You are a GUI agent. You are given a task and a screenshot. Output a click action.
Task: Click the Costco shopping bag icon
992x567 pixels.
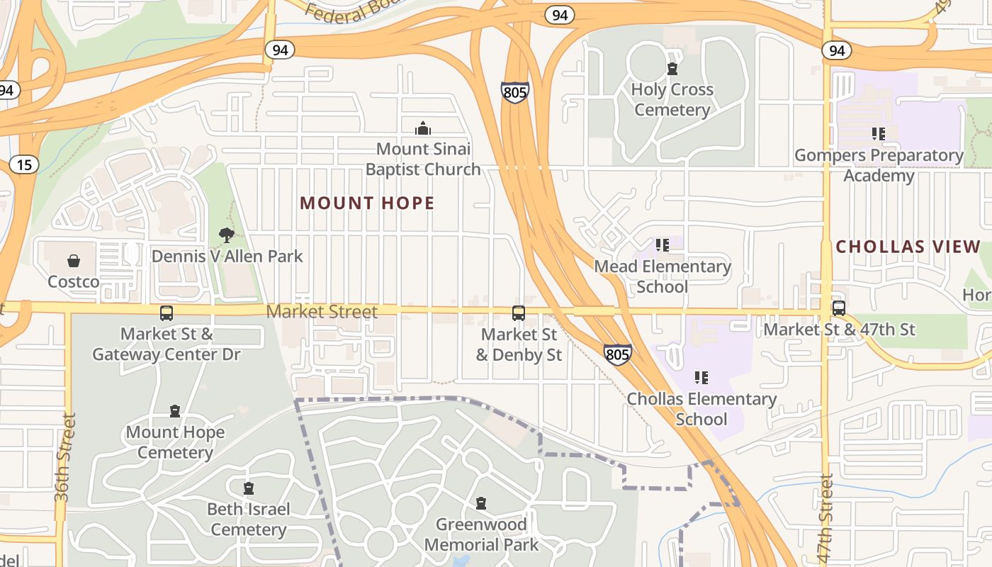(74, 261)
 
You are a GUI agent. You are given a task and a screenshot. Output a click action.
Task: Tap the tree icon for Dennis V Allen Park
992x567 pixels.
(227, 235)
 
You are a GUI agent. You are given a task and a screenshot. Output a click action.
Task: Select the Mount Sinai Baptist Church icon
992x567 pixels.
(423, 128)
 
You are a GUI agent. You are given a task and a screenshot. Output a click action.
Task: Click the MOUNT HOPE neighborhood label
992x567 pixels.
(367, 203)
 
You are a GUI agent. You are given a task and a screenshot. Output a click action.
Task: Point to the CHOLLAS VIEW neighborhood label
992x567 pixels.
(908, 247)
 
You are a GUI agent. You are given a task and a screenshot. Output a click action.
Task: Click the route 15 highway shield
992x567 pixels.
(24, 165)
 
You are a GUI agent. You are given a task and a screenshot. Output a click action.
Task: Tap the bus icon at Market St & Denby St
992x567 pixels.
(519, 313)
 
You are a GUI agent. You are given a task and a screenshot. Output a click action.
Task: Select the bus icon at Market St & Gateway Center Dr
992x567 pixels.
(167, 313)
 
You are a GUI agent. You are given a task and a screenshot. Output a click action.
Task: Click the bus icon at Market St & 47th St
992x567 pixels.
(839, 308)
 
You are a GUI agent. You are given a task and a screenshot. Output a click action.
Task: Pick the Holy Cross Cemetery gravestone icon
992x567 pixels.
(672, 69)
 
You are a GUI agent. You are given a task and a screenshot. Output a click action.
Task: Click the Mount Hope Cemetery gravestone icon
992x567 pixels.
(175, 411)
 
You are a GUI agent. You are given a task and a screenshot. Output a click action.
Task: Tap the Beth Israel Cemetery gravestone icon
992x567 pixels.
(249, 488)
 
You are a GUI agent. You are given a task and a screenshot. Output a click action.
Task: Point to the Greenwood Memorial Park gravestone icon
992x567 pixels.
(481, 503)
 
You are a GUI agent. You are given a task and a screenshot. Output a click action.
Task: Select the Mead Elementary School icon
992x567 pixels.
(663, 245)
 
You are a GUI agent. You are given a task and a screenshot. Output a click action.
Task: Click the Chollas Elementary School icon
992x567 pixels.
(701, 378)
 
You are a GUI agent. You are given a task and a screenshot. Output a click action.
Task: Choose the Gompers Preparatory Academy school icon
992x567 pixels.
(879, 134)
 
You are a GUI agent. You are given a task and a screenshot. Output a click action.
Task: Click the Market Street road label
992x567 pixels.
(322, 311)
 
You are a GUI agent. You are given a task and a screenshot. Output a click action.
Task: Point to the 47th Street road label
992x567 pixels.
(825, 519)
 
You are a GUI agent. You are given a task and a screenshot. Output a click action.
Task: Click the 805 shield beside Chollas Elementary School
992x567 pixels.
(617, 354)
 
